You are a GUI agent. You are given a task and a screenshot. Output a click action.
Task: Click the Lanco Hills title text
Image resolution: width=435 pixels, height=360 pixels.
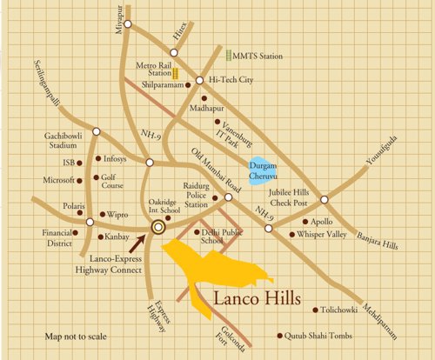(258, 299)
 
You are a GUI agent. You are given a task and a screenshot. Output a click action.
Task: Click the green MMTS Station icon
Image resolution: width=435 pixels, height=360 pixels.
(228, 56)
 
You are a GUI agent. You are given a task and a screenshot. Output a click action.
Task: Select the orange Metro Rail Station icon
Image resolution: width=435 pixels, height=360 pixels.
(175, 75)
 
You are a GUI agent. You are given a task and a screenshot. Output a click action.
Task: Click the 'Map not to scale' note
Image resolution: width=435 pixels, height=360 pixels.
(76, 336)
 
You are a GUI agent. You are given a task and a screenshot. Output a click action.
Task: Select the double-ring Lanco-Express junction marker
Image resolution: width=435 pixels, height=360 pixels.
(158, 227)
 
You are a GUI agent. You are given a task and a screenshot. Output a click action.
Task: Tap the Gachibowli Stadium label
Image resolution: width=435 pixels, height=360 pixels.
(65, 142)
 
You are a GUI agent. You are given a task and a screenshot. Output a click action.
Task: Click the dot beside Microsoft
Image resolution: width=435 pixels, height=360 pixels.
(80, 181)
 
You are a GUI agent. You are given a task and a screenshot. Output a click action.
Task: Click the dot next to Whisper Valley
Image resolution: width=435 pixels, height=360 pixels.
(291, 234)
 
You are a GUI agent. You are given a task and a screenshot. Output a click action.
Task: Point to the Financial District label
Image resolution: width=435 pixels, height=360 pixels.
(61, 238)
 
